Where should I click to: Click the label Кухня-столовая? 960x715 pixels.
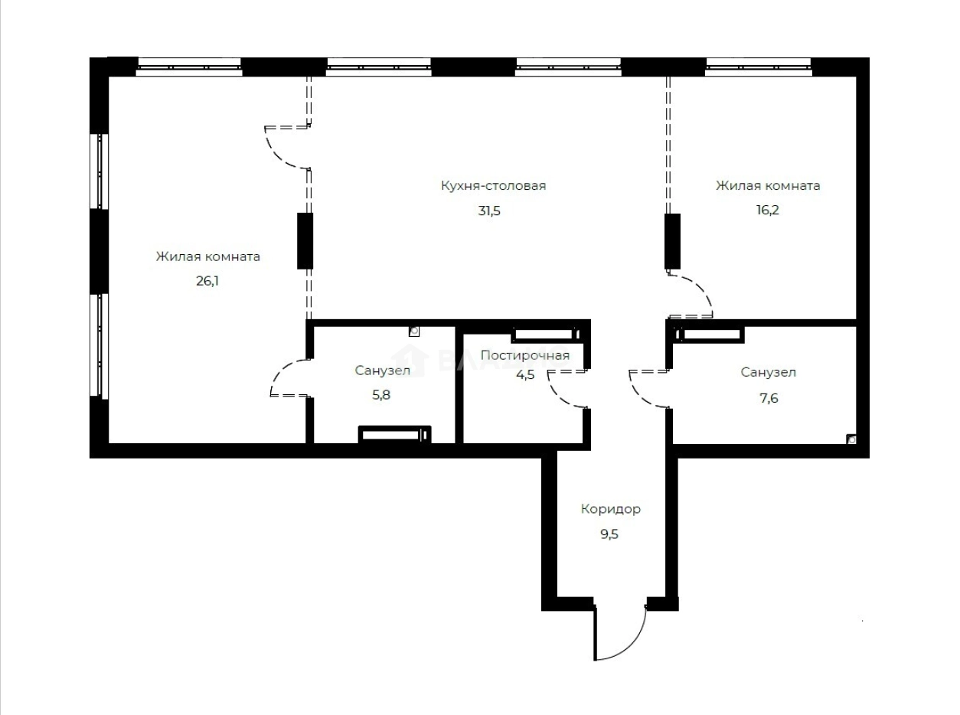click(x=493, y=186)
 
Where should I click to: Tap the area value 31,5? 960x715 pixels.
click(x=489, y=211)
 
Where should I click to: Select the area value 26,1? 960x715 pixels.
click(x=208, y=281)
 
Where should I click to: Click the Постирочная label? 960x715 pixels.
click(x=524, y=355)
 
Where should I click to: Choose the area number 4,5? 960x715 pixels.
click(x=524, y=374)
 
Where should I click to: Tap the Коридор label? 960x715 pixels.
click(x=610, y=509)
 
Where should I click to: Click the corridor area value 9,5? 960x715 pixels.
click(x=609, y=534)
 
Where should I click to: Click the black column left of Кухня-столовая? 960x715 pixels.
click(x=305, y=240)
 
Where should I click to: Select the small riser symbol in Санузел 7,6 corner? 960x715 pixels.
click(x=851, y=439)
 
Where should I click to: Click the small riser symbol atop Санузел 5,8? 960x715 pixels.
click(x=414, y=331)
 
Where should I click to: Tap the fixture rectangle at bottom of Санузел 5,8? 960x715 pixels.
click(x=394, y=435)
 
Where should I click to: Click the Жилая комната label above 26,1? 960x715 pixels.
click(x=208, y=256)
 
